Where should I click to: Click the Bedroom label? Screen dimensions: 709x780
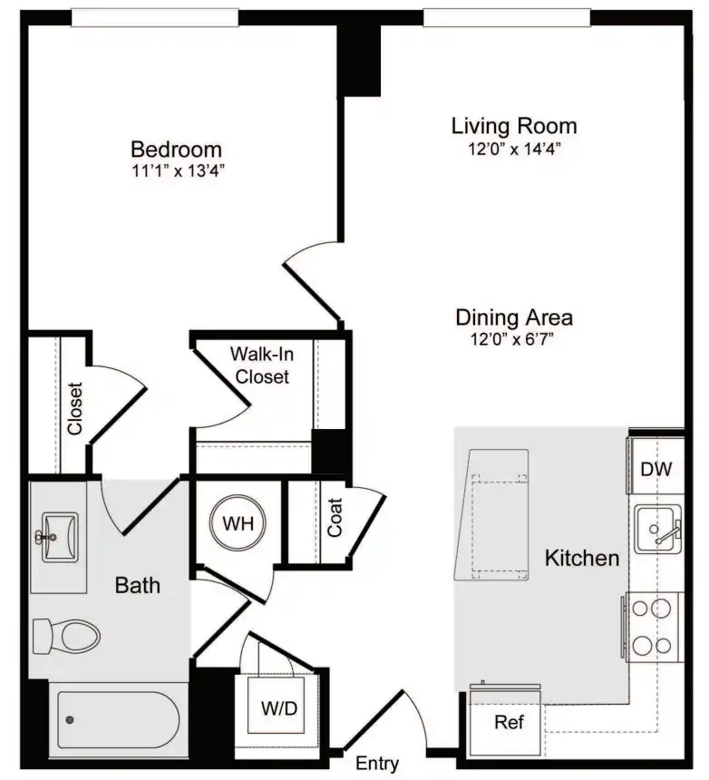(x=176, y=150)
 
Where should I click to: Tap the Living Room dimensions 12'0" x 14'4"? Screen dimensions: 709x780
(x=514, y=149)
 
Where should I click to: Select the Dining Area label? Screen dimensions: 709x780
(x=514, y=317)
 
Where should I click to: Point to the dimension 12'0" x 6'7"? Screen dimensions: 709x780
(x=512, y=339)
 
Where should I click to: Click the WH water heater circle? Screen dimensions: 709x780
(x=238, y=522)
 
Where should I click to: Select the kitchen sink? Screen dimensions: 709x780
(x=658, y=529)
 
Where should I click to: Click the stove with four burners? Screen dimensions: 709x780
(x=653, y=627)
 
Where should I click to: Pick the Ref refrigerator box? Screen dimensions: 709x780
(x=505, y=720)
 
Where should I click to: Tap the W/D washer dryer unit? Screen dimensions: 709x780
(x=277, y=705)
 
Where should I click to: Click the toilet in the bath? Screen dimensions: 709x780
(x=66, y=636)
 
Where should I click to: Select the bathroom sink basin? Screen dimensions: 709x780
(x=60, y=537)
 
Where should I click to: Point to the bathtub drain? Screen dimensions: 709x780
(x=70, y=719)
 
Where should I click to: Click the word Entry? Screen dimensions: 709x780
(x=377, y=763)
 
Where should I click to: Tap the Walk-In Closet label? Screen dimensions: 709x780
(x=261, y=366)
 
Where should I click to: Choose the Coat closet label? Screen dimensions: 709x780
(x=335, y=517)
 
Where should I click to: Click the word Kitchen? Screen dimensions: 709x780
(x=582, y=558)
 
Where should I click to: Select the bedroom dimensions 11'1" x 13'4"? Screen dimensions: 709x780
(x=178, y=171)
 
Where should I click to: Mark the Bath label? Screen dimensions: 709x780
(x=137, y=585)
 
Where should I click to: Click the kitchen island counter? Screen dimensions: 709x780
(x=492, y=515)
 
